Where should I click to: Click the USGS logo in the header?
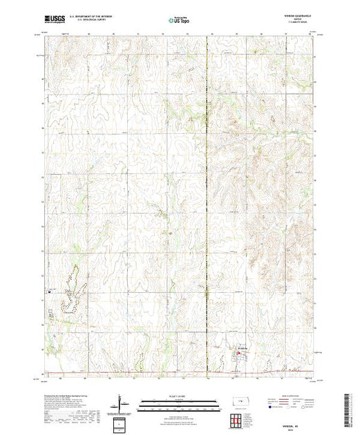pyautogui.click(x=56, y=21)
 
